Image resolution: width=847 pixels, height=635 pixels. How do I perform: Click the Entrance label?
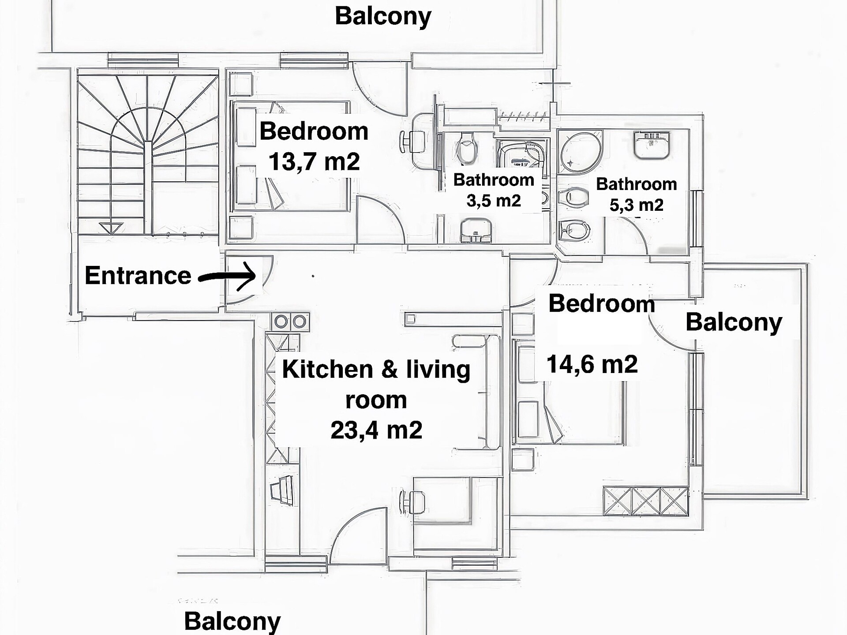point(138,276)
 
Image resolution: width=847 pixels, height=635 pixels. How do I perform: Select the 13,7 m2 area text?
point(314,162)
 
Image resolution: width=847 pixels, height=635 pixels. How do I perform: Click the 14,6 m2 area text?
point(592,365)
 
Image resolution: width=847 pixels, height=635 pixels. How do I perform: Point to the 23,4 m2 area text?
point(376,430)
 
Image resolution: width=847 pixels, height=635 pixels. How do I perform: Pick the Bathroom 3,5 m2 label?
point(494,190)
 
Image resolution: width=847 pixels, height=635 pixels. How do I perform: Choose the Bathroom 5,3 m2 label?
point(637,194)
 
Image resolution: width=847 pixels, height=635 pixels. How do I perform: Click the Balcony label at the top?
point(383,17)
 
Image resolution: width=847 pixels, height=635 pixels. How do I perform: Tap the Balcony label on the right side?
point(734,322)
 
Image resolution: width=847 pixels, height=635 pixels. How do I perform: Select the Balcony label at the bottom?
point(232,621)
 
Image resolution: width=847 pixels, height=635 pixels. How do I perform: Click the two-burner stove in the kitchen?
point(290,322)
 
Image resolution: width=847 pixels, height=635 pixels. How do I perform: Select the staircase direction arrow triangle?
point(111,228)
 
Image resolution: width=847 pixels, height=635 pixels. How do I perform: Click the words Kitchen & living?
point(376,369)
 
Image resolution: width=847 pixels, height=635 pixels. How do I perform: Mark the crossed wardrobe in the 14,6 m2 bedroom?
point(646,501)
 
